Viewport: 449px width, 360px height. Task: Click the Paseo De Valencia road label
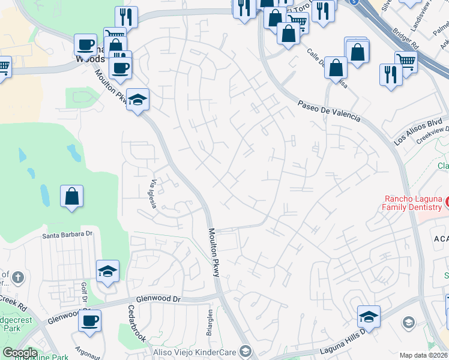coord(329,110)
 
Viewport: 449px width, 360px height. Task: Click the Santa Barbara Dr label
coord(68,235)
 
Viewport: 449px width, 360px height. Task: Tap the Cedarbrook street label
coord(137,323)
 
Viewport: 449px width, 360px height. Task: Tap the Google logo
coord(20,353)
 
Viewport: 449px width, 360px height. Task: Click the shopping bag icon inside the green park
coord(71,196)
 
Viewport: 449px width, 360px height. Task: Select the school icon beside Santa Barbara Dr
coord(107,271)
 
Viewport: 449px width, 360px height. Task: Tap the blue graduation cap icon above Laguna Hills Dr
coord(369,316)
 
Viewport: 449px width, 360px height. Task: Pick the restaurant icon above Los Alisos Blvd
coord(390,75)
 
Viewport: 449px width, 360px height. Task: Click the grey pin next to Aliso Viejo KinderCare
coord(245,350)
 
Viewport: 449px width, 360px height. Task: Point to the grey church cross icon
coord(19,277)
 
